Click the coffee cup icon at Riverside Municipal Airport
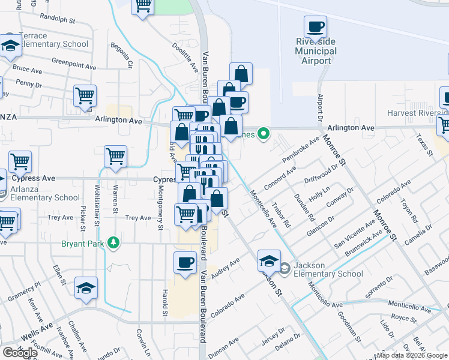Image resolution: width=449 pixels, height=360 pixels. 315,27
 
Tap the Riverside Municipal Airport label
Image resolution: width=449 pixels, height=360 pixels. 316,51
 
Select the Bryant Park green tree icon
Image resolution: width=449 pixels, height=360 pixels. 112,243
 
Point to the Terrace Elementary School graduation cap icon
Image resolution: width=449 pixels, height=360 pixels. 10,46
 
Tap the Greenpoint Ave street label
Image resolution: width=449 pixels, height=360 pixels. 74,61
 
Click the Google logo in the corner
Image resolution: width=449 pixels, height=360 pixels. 20,352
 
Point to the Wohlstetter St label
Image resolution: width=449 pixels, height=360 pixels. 97,202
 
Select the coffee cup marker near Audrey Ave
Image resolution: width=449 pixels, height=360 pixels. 185,262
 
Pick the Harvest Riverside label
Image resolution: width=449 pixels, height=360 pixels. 418,113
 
